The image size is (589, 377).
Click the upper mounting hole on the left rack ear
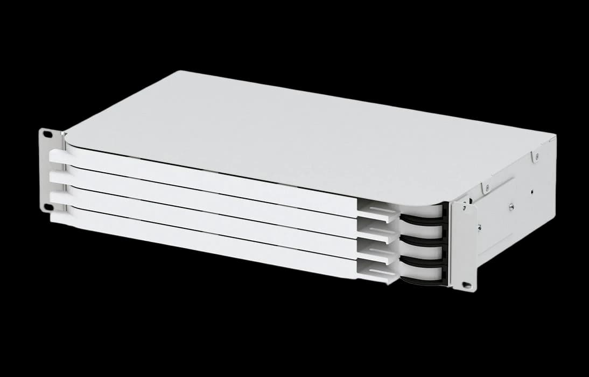coord(47,134)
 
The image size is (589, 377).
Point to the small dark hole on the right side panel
coord(532,190)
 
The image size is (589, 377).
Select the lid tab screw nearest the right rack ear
coord(486,187)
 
